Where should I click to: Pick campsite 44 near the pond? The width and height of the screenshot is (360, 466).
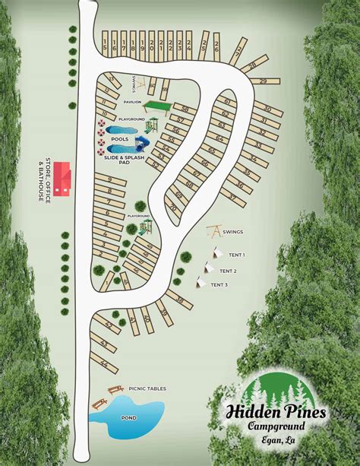(103, 363)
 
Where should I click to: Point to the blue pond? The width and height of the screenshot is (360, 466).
(134, 417)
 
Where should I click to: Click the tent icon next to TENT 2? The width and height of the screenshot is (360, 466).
(207, 268)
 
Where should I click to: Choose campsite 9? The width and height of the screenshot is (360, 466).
(111, 179)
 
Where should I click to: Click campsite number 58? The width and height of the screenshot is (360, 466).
(183, 109)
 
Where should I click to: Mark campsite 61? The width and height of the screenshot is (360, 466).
(226, 101)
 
